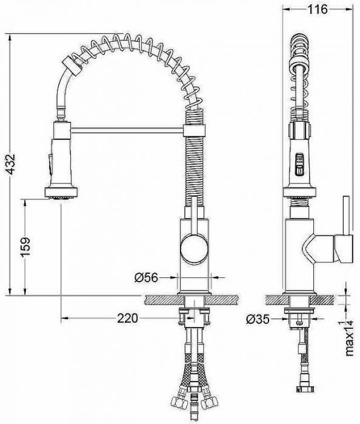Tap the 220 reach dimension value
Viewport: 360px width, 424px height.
pos(128,318)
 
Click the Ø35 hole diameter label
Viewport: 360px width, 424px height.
pos(259,318)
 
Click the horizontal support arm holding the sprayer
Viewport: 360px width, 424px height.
pos(127,128)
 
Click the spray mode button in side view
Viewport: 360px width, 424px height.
pos(298,164)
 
